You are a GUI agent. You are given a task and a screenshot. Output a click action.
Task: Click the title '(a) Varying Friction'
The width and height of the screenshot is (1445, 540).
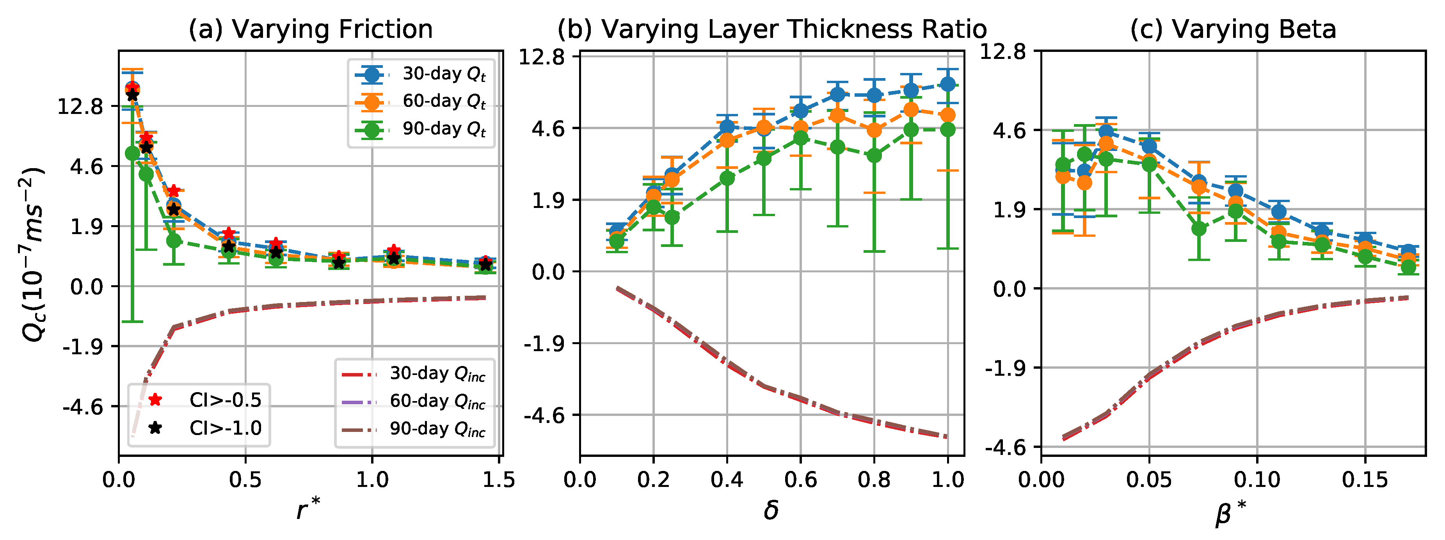coord(310,29)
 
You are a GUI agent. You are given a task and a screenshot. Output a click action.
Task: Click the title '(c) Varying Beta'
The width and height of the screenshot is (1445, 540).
coord(1233,29)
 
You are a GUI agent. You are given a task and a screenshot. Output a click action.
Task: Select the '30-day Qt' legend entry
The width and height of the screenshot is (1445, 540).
coord(421,74)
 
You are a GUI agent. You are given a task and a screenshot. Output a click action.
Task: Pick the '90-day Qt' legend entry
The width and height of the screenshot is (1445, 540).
coord(421,130)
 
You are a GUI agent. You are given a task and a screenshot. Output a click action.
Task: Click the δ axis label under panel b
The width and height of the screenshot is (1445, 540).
coord(771,510)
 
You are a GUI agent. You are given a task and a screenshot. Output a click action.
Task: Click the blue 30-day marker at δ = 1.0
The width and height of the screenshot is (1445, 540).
coord(947,84)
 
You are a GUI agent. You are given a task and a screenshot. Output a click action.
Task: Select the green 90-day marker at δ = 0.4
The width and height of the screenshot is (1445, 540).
coord(727,178)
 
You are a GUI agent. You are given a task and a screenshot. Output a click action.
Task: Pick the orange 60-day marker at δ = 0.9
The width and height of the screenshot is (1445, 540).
coord(911,110)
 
